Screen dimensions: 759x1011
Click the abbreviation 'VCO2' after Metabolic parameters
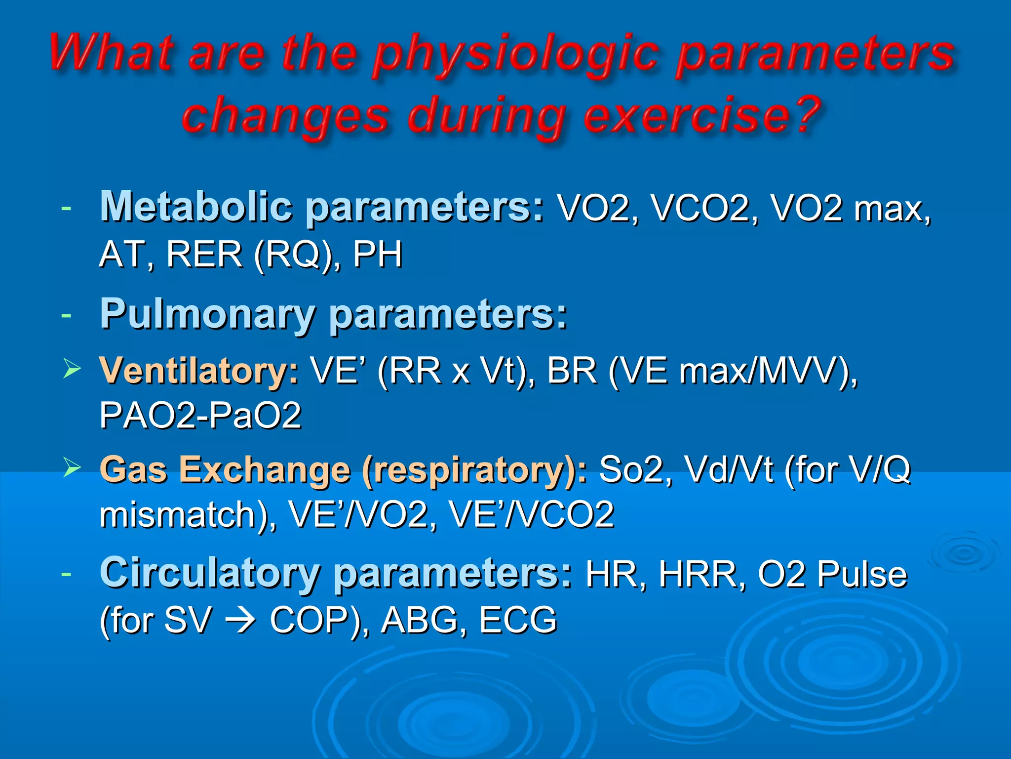click(x=701, y=209)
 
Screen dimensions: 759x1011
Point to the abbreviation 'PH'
click(x=378, y=254)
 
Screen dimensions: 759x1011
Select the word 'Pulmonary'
click(x=208, y=315)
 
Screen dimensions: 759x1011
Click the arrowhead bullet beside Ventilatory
click(x=72, y=370)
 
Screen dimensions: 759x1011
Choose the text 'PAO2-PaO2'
click(x=200, y=416)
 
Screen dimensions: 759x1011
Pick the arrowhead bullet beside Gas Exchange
click(x=72, y=467)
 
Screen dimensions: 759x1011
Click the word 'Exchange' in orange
click(x=265, y=469)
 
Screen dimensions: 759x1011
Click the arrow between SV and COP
click(x=240, y=620)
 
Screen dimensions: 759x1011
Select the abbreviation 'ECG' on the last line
click(x=518, y=620)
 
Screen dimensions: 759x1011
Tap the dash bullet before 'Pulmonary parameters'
click(x=66, y=315)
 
